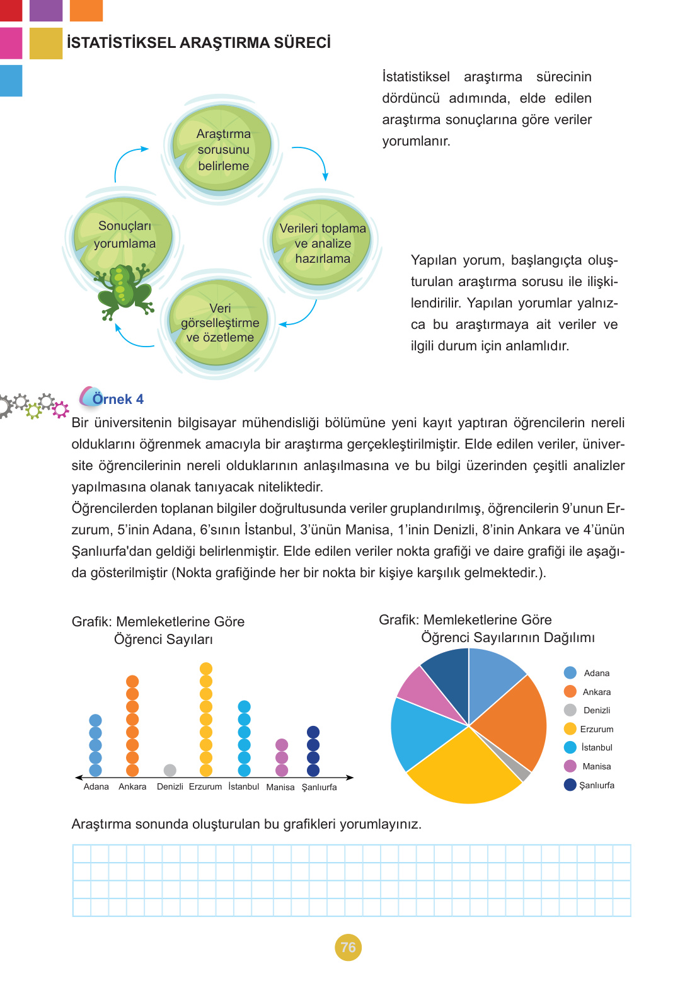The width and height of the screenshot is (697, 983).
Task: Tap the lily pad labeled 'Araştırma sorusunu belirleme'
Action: [x=222, y=149]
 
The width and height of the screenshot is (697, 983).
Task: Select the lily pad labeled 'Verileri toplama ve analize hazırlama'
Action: [x=322, y=243]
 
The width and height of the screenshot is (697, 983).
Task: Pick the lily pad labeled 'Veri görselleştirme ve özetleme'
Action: [x=220, y=323]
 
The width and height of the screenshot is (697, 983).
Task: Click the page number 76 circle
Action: [x=348, y=947]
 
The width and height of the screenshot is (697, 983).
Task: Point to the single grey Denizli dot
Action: [x=170, y=770]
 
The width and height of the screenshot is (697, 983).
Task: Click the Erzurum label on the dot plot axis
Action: [x=205, y=787]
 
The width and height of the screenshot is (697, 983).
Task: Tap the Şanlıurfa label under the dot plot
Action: [x=319, y=787]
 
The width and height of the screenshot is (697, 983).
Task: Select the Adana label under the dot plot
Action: [x=96, y=787]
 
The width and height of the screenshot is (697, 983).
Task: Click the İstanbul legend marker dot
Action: [x=570, y=747]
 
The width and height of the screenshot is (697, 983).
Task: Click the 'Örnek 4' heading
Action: [x=117, y=399]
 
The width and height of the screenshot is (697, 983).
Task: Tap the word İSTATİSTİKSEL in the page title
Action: [x=120, y=43]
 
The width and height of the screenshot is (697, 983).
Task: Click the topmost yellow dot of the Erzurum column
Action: [x=206, y=669]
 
